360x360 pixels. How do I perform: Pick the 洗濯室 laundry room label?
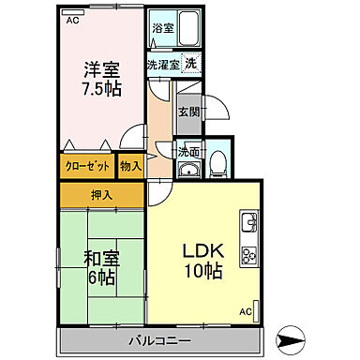coord(162,65)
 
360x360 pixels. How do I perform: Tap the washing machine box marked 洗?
coord(189,65)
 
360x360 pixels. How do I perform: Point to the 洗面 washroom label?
coord(188,151)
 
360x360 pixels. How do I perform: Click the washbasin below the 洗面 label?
coord(187,170)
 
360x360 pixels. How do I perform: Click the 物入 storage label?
coord(130,167)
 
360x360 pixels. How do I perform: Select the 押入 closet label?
coord(101,195)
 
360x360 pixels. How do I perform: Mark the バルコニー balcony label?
coord(161,339)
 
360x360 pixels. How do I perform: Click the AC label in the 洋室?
coord(72,18)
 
